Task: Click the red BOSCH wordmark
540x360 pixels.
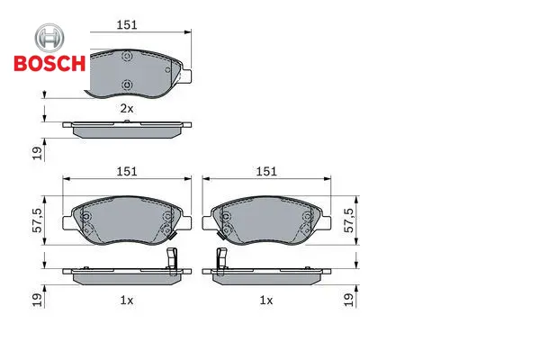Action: pos(49,63)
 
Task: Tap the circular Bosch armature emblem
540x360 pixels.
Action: pos(49,38)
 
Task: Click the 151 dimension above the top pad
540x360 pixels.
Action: pos(127,25)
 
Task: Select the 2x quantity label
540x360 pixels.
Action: pos(126,109)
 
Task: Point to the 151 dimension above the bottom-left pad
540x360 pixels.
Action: pos(127,171)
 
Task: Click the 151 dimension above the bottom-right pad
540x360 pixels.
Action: pos(266,171)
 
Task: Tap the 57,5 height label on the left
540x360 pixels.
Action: pos(37,220)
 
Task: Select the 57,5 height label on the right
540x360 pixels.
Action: pos(349,220)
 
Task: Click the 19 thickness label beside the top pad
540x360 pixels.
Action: pos(37,153)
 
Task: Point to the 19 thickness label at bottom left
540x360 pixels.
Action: pos(37,300)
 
